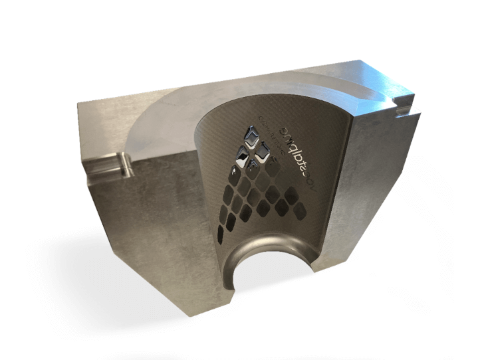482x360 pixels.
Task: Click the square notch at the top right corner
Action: (403, 104)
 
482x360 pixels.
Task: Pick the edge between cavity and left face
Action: (206, 193)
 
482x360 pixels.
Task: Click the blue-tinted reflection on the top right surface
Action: (372, 73)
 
